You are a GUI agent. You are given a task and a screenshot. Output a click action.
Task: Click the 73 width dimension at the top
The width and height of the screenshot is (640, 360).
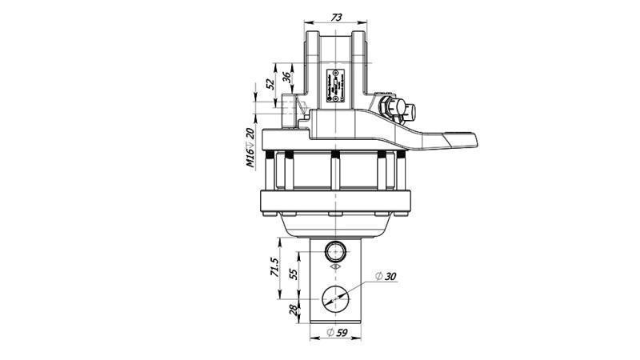tap(337, 17)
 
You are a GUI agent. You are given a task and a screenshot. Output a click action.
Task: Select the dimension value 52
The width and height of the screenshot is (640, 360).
tap(270, 82)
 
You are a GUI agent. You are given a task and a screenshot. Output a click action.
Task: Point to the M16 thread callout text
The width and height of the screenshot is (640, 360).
tap(251, 159)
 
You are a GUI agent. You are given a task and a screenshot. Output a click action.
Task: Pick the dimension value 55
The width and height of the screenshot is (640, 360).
tap(293, 274)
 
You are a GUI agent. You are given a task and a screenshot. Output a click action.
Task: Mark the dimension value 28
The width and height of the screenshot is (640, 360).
tap(293, 309)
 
